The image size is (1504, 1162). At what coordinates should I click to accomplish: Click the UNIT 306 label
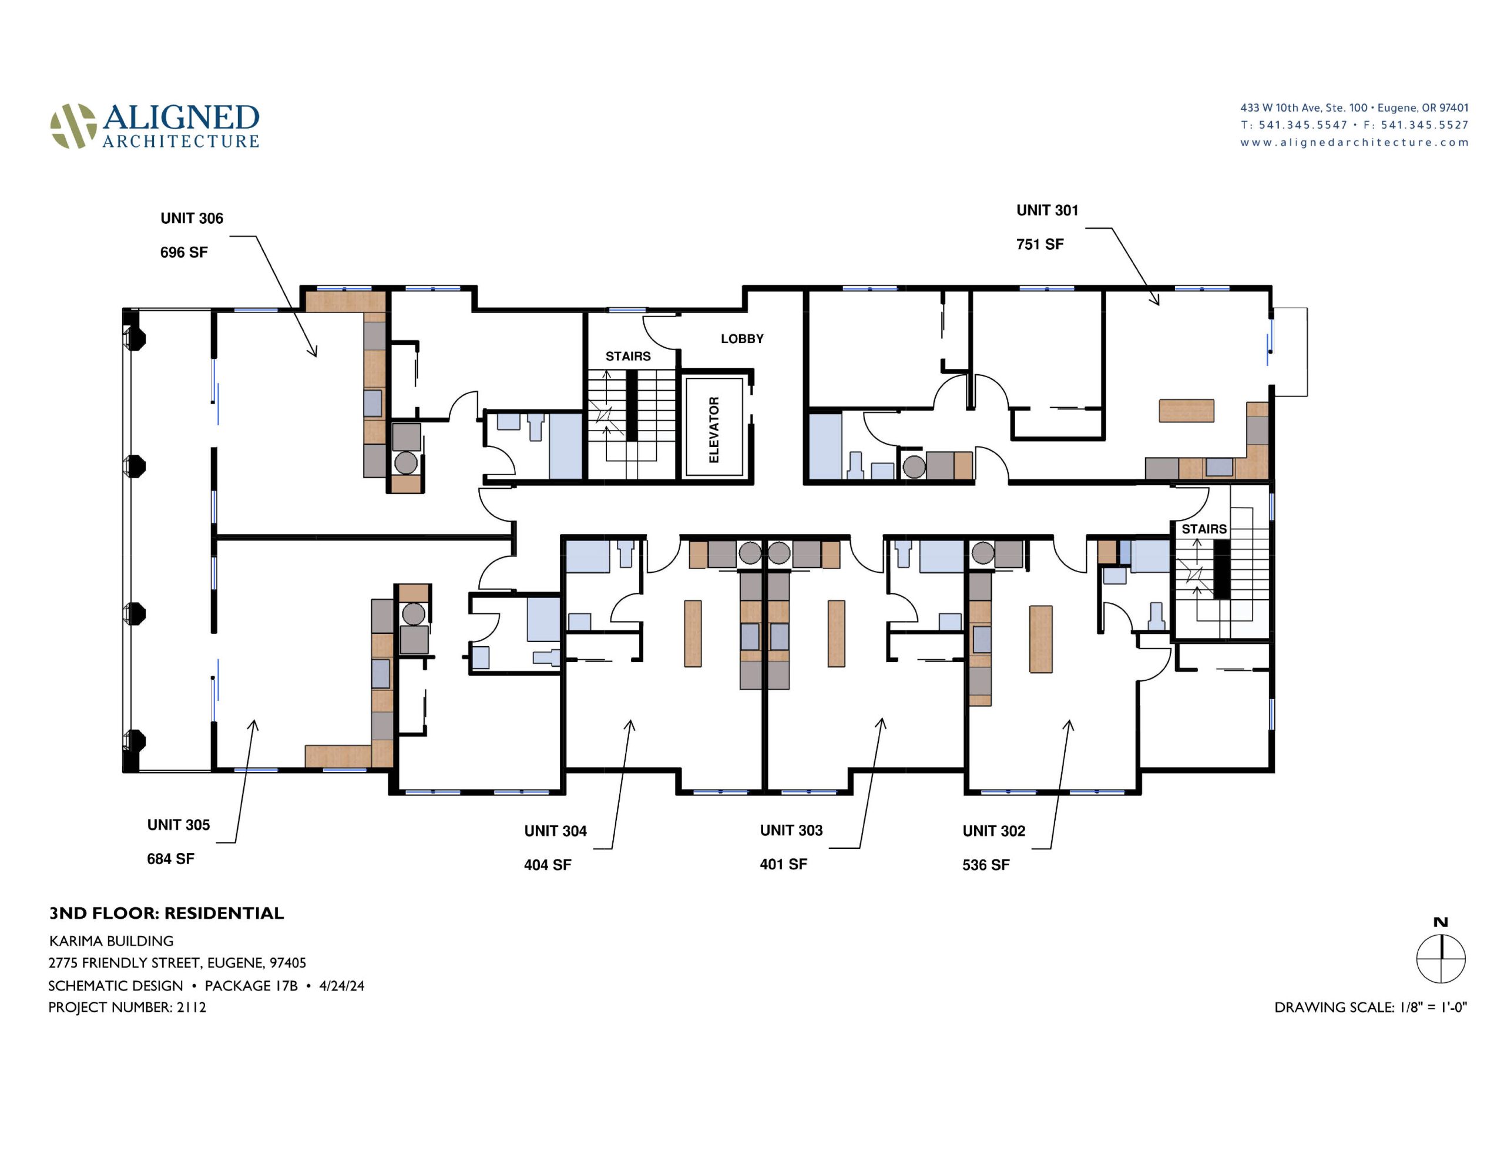click(x=192, y=219)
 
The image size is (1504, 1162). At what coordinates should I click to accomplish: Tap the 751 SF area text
click(x=1040, y=244)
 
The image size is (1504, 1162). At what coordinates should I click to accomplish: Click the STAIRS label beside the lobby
click(x=627, y=356)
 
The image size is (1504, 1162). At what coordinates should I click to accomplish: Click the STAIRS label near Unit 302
click(x=1204, y=529)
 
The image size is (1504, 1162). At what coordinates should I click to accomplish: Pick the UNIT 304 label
click(x=555, y=831)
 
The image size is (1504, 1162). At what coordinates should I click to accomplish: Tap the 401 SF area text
click(x=783, y=864)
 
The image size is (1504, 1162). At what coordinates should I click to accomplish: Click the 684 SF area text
click(x=170, y=859)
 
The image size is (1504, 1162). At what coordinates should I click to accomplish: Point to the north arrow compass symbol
click(x=1440, y=958)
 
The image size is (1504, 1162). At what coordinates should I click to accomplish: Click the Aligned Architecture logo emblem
click(x=73, y=126)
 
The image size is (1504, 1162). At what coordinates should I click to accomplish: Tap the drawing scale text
click(x=1371, y=1007)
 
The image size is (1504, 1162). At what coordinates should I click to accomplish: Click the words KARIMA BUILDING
click(x=111, y=941)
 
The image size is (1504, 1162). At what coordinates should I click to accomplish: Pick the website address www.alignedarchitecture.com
click(x=1354, y=143)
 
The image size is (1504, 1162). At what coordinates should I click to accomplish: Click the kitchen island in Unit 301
click(x=1186, y=411)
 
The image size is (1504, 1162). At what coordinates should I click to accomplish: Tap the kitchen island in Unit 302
click(x=1040, y=639)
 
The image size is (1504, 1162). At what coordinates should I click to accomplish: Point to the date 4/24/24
click(x=341, y=986)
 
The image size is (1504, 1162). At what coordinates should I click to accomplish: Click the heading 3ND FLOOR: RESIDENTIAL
click(x=166, y=914)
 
